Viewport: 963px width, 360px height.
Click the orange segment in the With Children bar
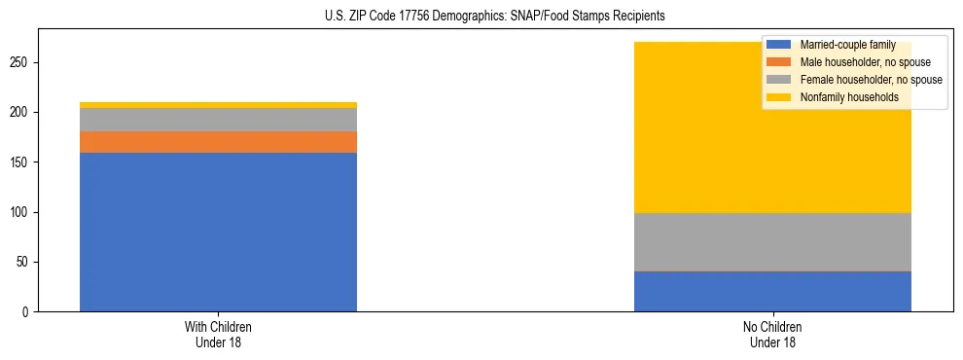coord(218,142)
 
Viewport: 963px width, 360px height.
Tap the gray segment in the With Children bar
coord(218,120)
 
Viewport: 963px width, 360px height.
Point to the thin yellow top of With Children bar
coord(218,105)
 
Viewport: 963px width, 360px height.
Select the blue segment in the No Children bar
coord(772,292)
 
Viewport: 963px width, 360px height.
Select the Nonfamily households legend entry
coord(842,97)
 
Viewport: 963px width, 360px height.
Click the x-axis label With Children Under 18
coord(218,334)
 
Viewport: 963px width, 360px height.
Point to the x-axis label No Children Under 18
coord(772,334)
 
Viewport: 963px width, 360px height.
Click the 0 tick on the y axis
coord(27,312)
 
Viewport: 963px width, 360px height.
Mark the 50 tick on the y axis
coord(24,263)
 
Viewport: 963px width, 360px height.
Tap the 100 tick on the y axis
coord(21,212)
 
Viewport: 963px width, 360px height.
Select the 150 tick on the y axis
coord(21,162)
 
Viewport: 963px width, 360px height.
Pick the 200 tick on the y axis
coord(21,113)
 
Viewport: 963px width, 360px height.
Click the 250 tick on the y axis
coord(21,62)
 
